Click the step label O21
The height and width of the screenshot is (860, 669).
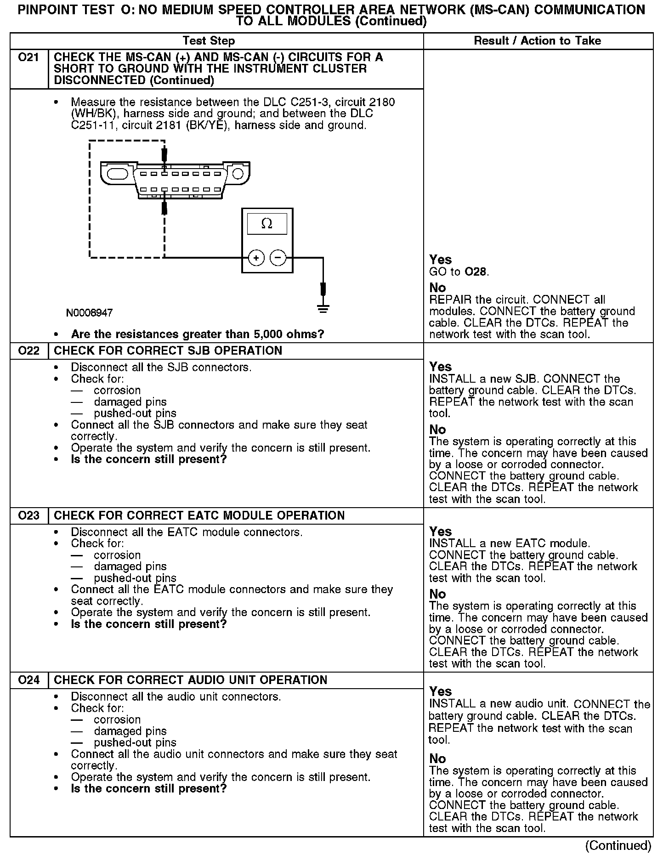coord(28,58)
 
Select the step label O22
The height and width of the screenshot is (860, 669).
coord(28,351)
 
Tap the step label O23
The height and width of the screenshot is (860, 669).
coord(28,515)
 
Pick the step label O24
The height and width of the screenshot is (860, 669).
coord(28,680)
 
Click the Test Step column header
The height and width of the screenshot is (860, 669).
coord(209,41)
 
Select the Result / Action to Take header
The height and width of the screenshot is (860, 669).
coord(537,41)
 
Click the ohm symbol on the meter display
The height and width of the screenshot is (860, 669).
coord(266,224)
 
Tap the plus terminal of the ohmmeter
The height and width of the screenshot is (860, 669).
coord(256,258)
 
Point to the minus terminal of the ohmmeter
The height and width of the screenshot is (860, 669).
coord(278,258)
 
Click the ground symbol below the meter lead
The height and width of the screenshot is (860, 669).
coord(323,309)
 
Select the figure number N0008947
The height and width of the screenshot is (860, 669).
coord(89,313)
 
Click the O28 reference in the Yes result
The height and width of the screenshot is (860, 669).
coord(475,272)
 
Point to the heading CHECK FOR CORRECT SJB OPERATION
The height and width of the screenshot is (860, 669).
coord(168,351)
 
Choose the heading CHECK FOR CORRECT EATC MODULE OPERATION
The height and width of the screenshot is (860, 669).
coord(199,515)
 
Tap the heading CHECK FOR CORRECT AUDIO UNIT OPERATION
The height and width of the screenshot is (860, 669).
coord(190,680)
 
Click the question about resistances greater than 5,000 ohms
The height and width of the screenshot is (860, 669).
coord(198,334)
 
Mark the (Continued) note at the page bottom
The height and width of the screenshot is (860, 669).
coord(618,845)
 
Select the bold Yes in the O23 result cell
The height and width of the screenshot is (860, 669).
coord(440,532)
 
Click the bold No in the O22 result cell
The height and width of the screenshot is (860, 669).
coord(437,430)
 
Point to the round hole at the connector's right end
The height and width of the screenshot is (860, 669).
coord(238,174)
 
